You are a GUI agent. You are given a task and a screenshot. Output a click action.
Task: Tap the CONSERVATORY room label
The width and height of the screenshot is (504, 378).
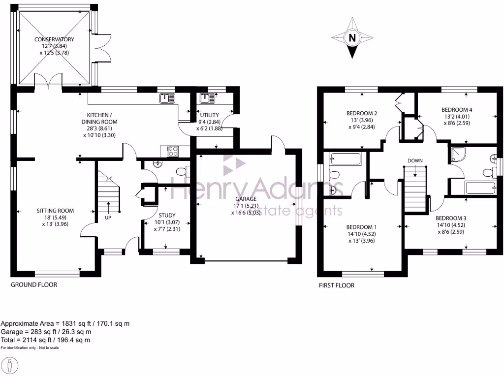point(54,39)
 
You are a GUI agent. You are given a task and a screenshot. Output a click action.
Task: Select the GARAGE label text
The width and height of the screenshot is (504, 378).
point(245,199)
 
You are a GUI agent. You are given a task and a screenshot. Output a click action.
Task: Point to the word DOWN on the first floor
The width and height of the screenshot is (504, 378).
point(415,160)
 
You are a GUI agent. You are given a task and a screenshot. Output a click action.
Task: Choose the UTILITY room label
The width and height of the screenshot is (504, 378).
point(209,115)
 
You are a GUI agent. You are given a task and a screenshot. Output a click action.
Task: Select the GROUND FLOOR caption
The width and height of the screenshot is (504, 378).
point(34,285)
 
